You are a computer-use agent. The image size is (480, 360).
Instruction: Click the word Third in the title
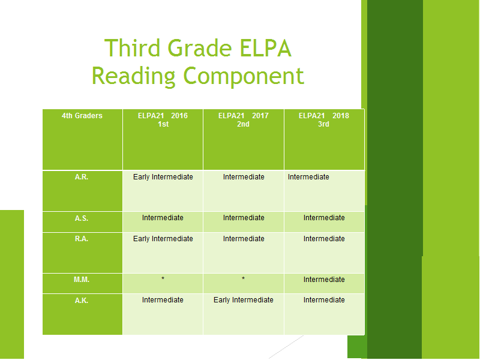tap(133, 48)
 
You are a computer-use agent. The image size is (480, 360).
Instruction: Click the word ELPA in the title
tap(265, 48)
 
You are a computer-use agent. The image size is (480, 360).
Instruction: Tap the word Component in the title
tap(244, 77)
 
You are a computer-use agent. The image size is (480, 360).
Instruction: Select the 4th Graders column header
tap(82, 116)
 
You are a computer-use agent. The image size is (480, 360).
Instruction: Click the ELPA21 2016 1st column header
tap(163, 119)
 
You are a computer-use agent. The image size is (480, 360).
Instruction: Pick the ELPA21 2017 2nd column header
tap(244, 119)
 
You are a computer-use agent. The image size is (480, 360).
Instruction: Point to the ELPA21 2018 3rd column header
tap(324, 119)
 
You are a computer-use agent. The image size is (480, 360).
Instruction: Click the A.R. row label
tap(82, 177)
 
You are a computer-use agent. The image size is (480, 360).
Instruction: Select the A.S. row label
tap(82, 218)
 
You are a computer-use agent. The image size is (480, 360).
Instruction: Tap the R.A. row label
tap(82, 239)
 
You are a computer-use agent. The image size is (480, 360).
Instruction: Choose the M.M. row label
tap(82, 280)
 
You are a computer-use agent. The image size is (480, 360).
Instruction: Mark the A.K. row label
tap(82, 301)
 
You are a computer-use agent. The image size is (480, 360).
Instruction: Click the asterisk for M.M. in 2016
tap(163, 278)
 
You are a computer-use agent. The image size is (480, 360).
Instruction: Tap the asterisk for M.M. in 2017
tap(244, 278)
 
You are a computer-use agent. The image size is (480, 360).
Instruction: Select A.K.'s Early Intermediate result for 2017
tap(244, 300)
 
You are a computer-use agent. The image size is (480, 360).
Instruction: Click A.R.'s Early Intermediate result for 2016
tap(163, 177)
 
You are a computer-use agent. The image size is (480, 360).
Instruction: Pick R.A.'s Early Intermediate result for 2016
tap(163, 239)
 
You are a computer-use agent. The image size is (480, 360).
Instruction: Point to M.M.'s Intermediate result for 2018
tap(324, 280)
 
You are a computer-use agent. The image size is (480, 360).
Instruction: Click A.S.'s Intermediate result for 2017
tap(244, 218)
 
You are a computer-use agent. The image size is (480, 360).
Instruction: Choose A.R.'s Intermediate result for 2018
tap(308, 177)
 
